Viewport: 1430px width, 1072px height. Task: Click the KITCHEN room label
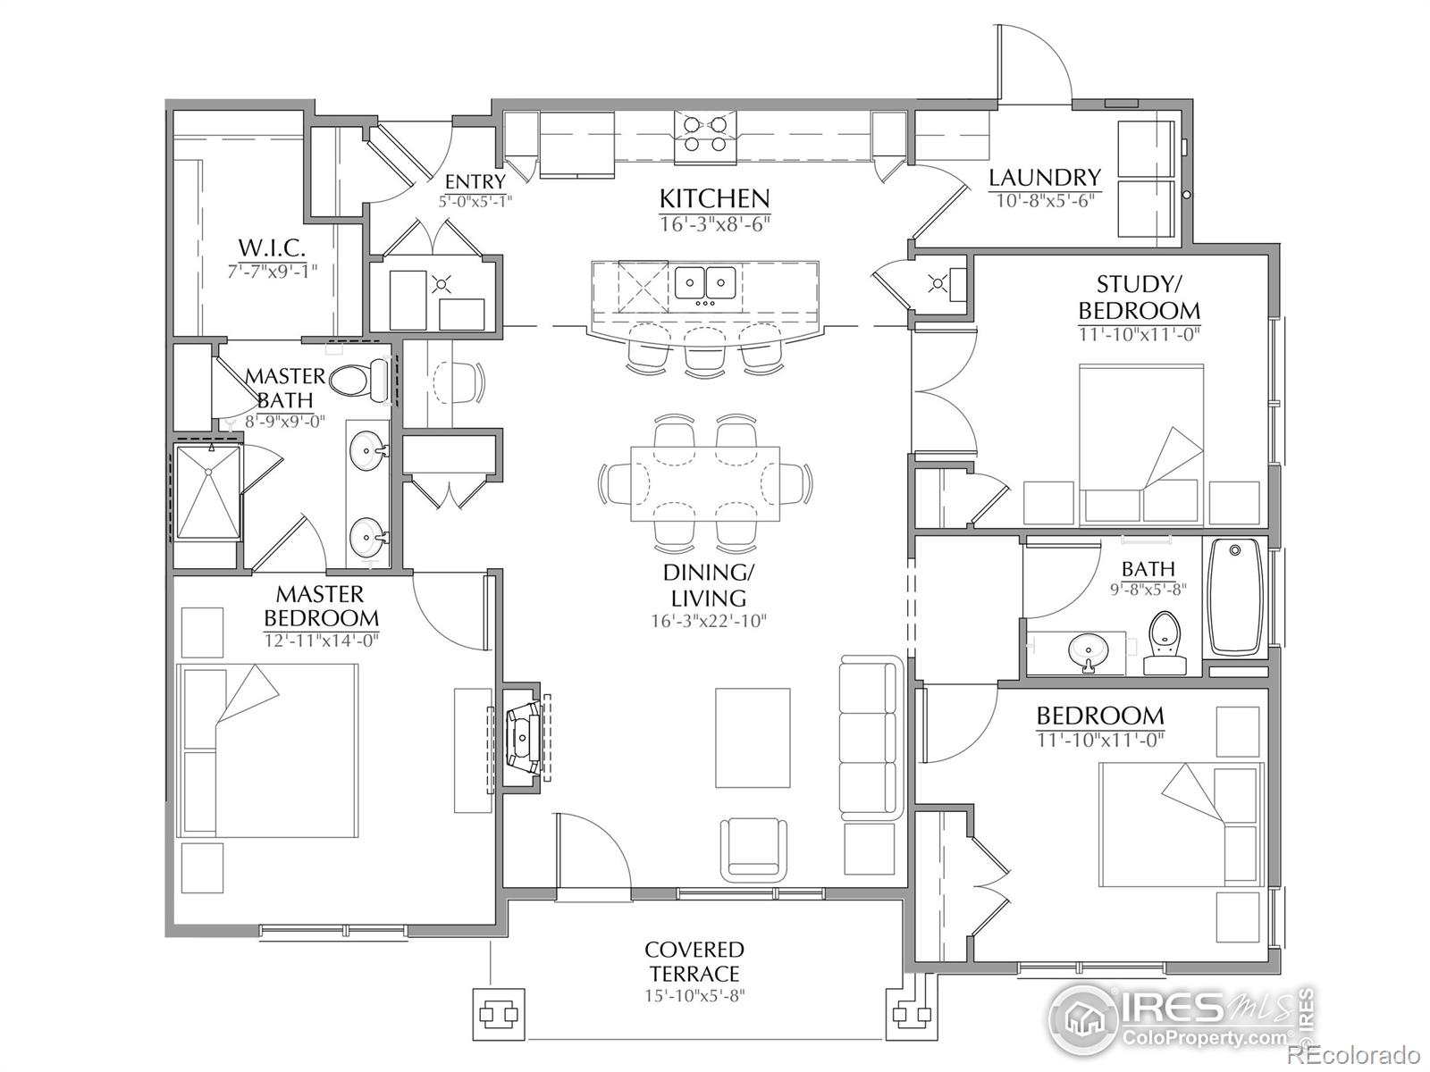(714, 197)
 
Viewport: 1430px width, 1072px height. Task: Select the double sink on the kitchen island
(705, 283)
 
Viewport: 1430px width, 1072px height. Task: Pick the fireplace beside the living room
(522, 737)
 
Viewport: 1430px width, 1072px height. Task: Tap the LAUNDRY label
(1044, 178)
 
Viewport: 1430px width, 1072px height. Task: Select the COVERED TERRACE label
(694, 961)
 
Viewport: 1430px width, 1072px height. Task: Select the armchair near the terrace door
(755, 845)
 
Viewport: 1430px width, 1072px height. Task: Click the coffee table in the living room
(753, 737)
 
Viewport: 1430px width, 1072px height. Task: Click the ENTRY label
(475, 182)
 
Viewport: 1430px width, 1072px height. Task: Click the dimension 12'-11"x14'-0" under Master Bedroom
(321, 640)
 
